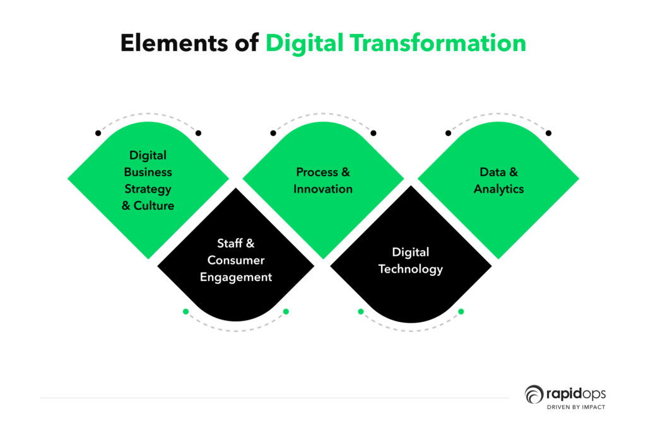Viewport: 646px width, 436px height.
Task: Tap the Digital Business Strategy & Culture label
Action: [x=148, y=180]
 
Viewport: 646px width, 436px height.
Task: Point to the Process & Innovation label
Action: [x=323, y=180]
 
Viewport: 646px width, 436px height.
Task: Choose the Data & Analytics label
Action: [x=498, y=180]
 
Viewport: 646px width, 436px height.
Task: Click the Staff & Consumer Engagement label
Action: [x=236, y=260]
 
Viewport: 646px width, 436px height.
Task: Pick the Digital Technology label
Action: [x=411, y=260]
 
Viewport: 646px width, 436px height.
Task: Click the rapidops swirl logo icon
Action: [x=534, y=394]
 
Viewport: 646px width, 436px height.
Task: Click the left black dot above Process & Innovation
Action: [x=273, y=133]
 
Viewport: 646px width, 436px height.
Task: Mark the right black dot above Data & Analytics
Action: [x=548, y=133]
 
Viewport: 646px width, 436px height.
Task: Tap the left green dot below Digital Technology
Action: [x=361, y=311]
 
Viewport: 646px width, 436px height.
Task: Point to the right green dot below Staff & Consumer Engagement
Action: [x=286, y=311]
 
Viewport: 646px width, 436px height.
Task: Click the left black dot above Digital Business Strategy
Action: [x=98, y=133]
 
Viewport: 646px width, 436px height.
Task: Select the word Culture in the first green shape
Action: [x=154, y=205]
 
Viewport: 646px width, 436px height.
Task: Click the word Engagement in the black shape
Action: [x=236, y=277]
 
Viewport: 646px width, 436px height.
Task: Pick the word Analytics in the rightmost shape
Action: [x=498, y=189]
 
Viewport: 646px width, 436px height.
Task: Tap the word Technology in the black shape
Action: [x=411, y=269]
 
